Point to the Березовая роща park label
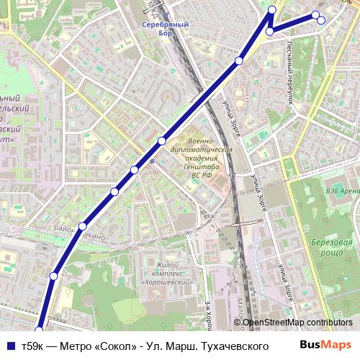pyautogui.click(x=337, y=248)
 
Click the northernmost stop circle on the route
pyautogui.click(x=272, y=9)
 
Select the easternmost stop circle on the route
pyautogui.click(x=321, y=20)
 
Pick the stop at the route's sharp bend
pyautogui.click(x=269, y=32)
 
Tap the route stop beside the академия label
pyautogui.click(x=162, y=140)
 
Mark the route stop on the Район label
pyautogui.click(x=84, y=226)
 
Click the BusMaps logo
pyautogui.click(x=328, y=345)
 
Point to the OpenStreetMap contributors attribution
pyautogui.click(x=297, y=323)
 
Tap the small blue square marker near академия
pyautogui.click(x=151, y=161)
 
